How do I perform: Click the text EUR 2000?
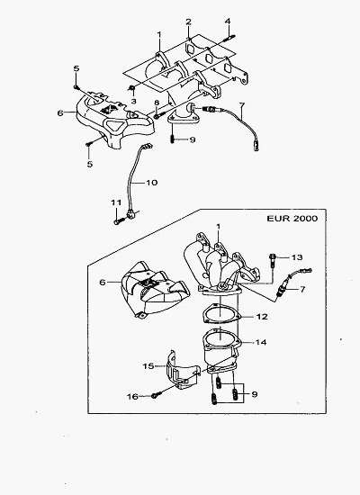click(292, 219)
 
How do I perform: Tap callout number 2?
click(188, 22)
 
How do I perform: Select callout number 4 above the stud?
click(228, 22)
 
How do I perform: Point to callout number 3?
click(133, 102)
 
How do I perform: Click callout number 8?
click(156, 103)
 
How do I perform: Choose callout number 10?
click(151, 183)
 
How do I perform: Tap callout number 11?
click(116, 202)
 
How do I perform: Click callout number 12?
click(262, 316)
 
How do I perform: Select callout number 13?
click(297, 257)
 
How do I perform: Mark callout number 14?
click(261, 342)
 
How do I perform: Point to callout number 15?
click(148, 366)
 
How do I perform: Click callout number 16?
click(132, 397)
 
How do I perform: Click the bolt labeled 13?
click(273, 260)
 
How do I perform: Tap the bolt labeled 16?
click(157, 394)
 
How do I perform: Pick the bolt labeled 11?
click(118, 221)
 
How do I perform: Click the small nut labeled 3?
click(132, 88)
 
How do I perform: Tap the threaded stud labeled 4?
click(229, 38)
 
